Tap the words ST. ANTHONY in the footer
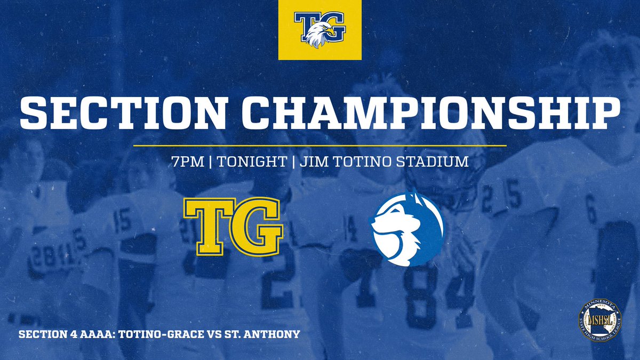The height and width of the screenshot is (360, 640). coord(269,334)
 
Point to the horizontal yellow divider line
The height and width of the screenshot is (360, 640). coord(319,145)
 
